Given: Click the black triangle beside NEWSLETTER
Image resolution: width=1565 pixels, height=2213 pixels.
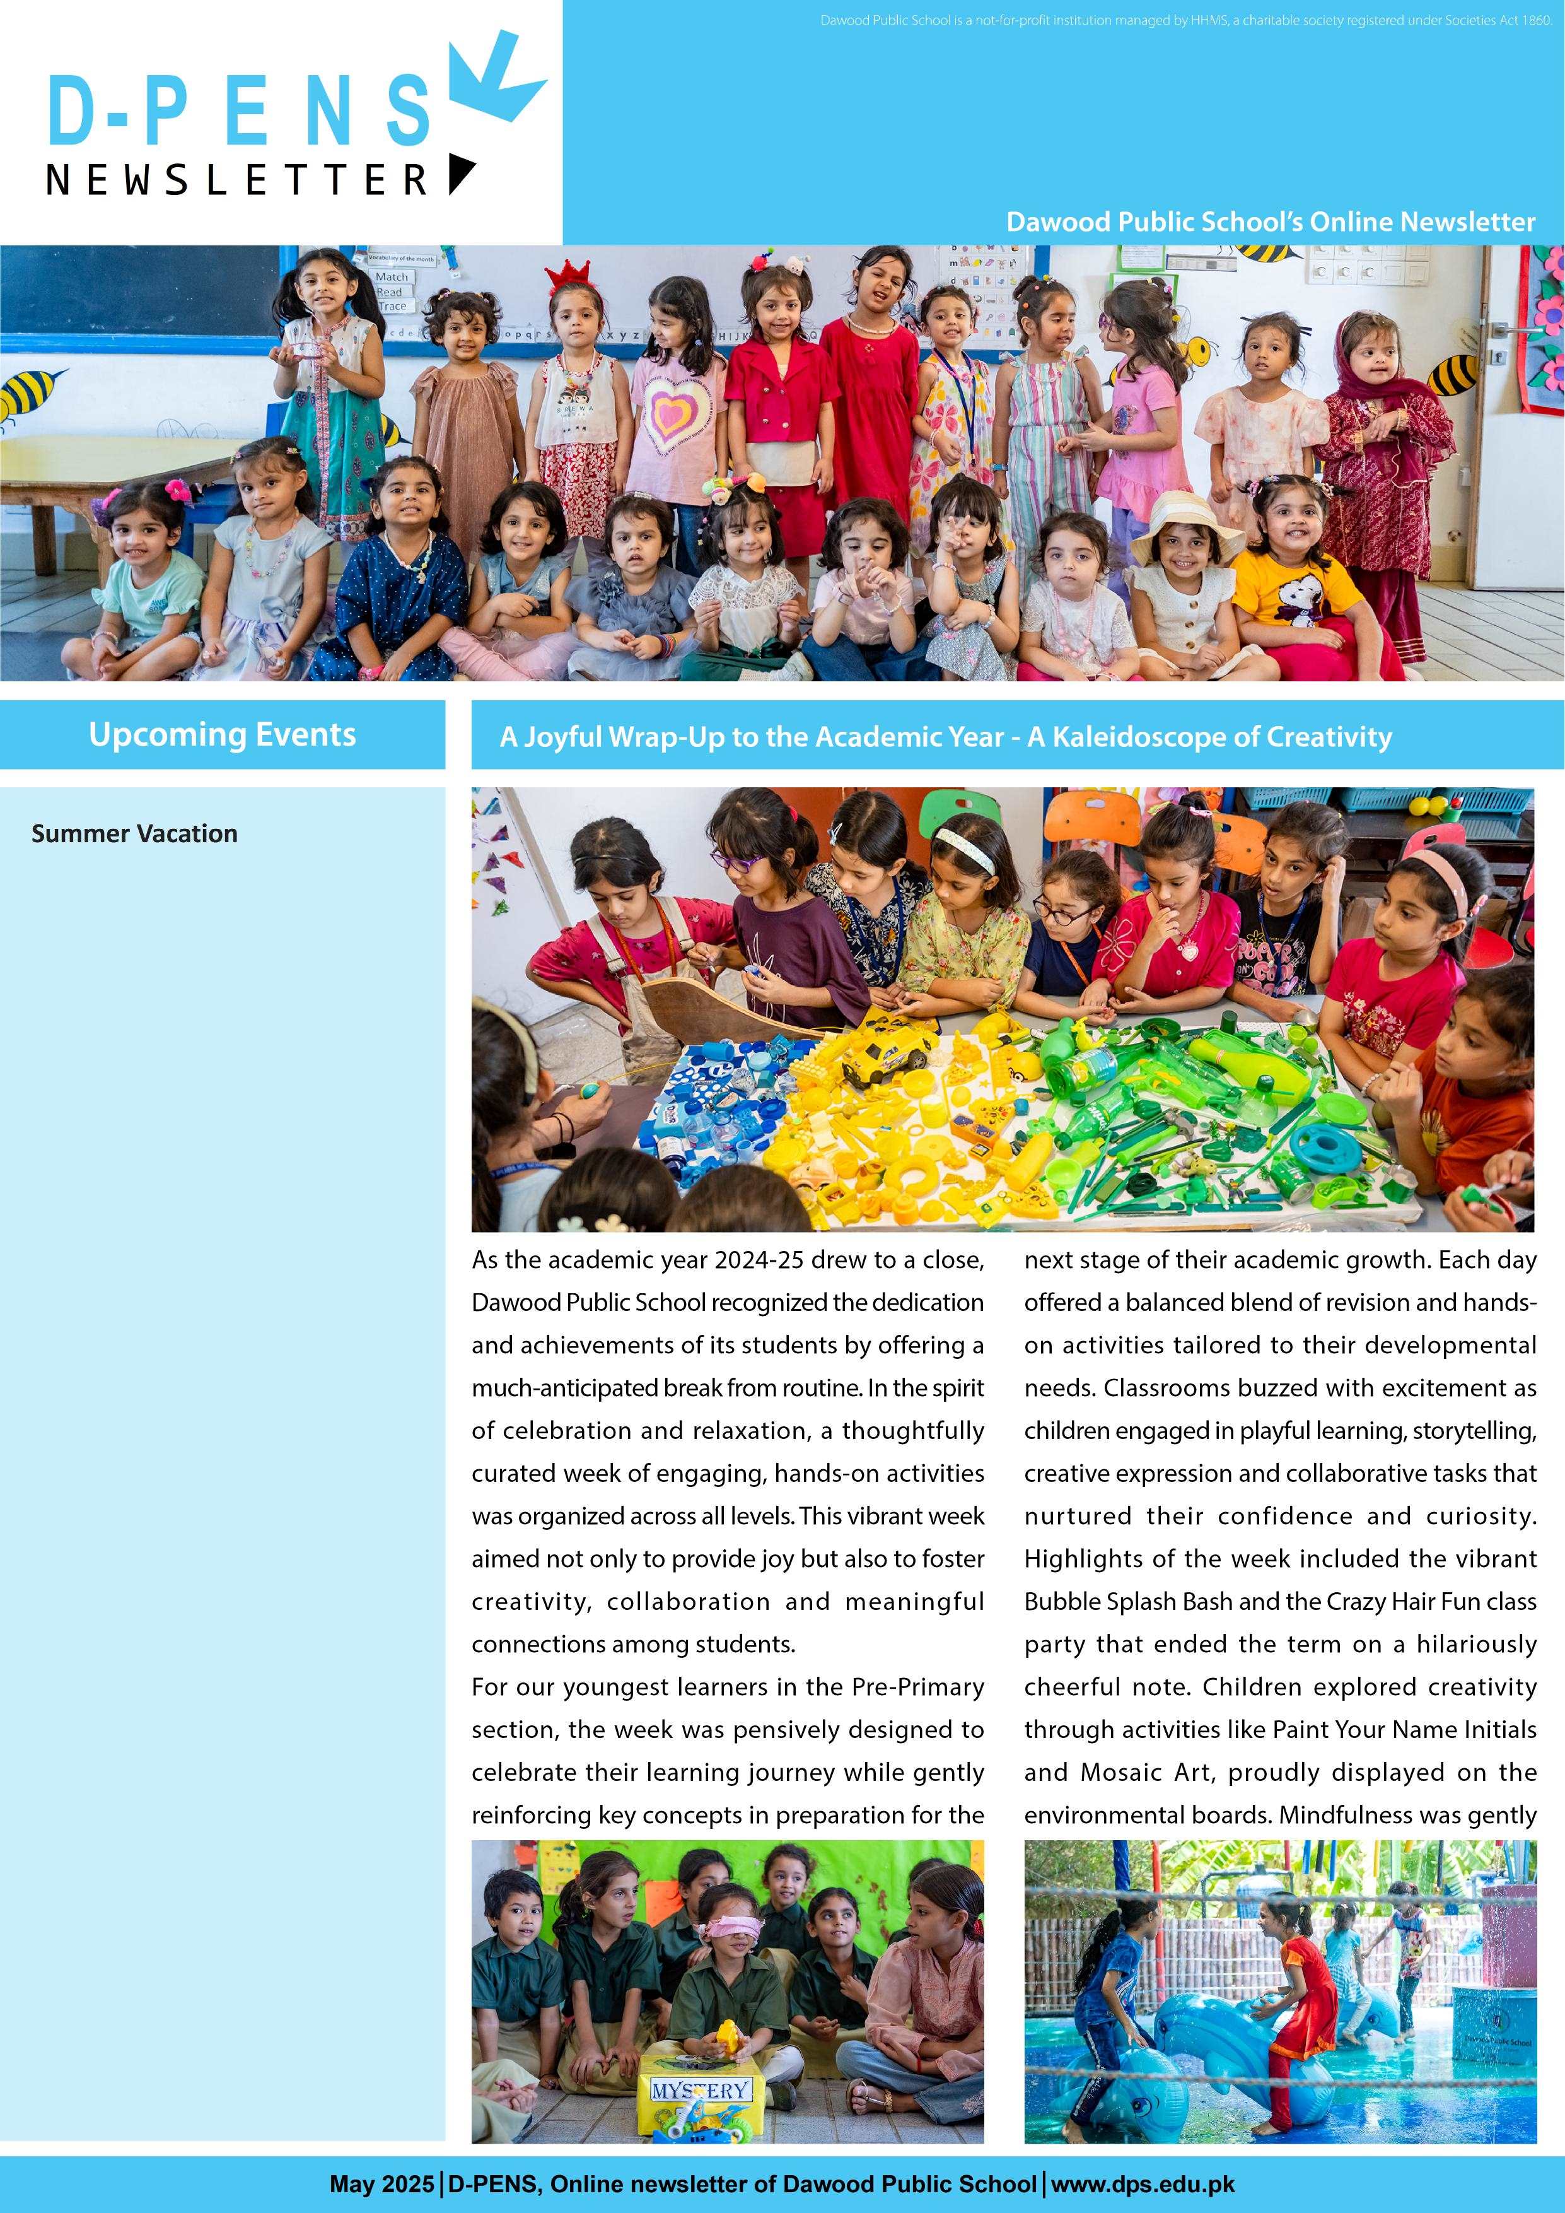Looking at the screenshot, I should [x=461, y=173].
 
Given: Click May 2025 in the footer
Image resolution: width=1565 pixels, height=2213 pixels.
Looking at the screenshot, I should [x=381, y=2184].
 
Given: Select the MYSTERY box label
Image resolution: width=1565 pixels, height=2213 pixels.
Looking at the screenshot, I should [x=700, y=2089].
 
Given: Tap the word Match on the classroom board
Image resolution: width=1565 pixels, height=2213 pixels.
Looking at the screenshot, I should [x=391, y=276].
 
